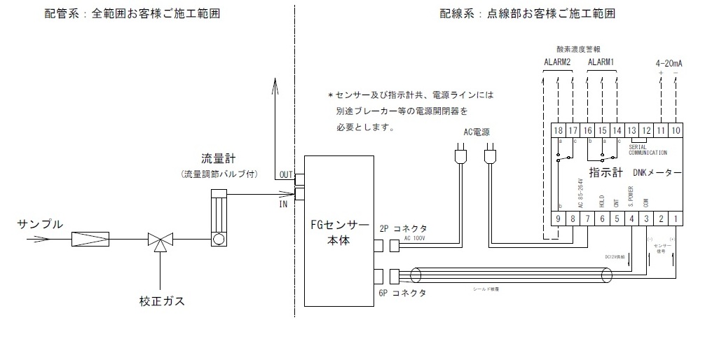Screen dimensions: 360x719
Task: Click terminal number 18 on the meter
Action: (x=559, y=130)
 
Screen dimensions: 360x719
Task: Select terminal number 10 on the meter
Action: (x=676, y=130)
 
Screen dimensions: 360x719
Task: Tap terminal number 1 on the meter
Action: (x=676, y=219)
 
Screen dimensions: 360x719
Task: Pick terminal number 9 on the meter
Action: (x=559, y=219)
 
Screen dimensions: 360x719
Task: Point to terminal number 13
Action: (x=631, y=130)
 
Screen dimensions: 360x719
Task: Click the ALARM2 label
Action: (x=558, y=62)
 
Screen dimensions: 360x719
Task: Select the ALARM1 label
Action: (x=601, y=62)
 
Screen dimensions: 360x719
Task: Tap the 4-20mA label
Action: (x=668, y=63)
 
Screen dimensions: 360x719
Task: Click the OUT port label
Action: (x=285, y=174)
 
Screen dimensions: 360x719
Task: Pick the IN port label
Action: (x=284, y=204)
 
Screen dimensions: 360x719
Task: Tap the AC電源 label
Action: (x=477, y=132)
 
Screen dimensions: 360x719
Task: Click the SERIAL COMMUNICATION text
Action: (x=648, y=148)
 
